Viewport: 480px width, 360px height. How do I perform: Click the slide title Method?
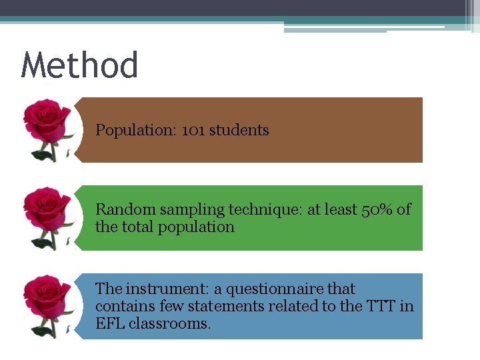point(79,66)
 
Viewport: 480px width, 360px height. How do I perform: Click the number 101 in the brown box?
point(193,130)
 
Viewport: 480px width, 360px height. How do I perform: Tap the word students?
point(239,130)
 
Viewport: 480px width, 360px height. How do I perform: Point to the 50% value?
point(377,209)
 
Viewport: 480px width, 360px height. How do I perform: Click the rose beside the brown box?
point(47,128)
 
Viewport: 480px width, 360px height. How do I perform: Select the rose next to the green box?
point(47,217)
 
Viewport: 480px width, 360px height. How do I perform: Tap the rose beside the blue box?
point(47,305)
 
